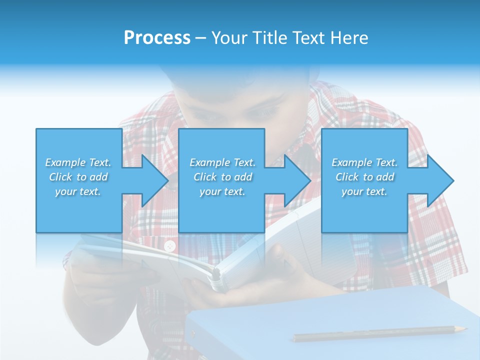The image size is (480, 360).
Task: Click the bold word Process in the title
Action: (157, 38)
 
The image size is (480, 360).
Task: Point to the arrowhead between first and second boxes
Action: (155, 180)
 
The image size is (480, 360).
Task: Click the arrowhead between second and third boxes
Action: (297, 180)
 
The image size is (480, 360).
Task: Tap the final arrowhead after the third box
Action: (440, 180)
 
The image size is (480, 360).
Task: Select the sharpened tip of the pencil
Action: (463, 329)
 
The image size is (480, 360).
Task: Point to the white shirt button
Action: (170, 245)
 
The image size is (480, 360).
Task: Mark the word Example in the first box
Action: (65, 162)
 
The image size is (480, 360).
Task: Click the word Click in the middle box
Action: (205, 177)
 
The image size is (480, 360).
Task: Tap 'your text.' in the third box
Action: (364, 191)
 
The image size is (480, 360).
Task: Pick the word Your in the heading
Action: (228, 38)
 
